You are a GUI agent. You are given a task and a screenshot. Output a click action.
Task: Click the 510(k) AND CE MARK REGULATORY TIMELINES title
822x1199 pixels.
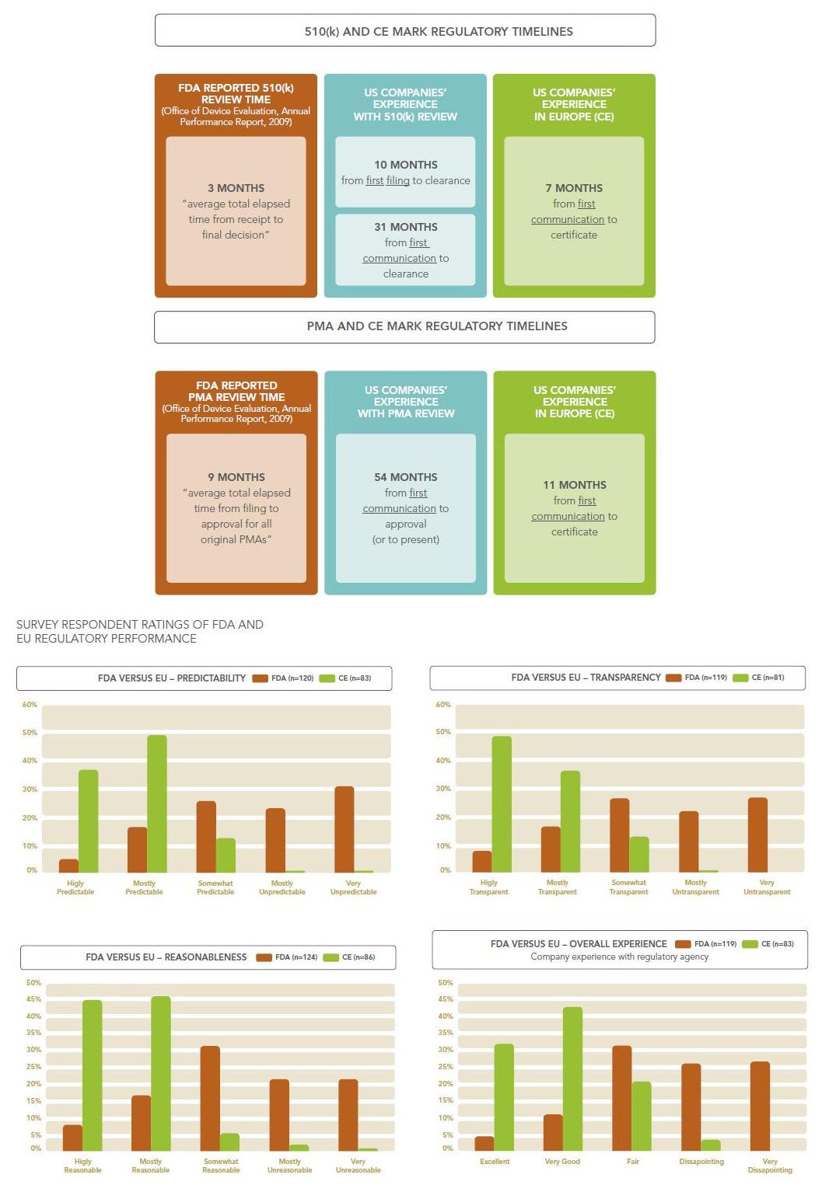coord(438,31)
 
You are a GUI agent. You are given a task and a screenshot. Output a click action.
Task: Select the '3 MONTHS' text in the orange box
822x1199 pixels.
coord(236,188)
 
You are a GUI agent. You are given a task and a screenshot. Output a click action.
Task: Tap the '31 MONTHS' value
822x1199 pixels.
coord(405,227)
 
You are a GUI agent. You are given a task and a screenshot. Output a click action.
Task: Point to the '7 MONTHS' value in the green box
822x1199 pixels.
coord(574,188)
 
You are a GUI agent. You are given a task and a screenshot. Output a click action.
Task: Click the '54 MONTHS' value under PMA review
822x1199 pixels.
coord(405,477)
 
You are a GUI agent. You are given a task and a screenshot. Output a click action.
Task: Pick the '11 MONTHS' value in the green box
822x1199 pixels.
coord(574,485)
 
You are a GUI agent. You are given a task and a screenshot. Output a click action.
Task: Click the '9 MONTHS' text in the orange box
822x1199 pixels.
coord(236,477)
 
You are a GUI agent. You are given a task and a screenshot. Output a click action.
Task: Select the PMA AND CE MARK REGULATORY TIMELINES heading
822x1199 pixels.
coord(436,326)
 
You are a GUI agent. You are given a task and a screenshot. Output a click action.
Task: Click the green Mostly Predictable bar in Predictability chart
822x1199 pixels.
coord(157,803)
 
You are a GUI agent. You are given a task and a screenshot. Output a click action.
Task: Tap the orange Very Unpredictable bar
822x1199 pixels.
coord(344,829)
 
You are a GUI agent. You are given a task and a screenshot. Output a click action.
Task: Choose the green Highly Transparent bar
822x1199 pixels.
coord(502,803)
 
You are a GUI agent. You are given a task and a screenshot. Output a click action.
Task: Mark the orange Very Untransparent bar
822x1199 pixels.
coord(757,835)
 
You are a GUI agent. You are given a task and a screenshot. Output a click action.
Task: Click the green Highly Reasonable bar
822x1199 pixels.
coord(92,1075)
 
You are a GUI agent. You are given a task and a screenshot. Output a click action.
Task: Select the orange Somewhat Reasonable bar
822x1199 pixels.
coord(210,1098)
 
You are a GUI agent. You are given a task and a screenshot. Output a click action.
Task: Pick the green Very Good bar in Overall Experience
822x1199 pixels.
coord(572,1079)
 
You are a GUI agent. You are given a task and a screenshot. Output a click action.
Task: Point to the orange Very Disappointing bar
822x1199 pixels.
coord(760,1106)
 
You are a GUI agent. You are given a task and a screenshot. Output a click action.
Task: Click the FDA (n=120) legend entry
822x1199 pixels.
coord(284,678)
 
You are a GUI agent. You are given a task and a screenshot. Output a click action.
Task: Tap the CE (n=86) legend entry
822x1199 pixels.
coord(350,957)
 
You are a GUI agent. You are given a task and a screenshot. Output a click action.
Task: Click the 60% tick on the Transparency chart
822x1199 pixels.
coord(442,705)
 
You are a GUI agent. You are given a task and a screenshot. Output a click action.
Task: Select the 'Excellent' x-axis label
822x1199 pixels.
coord(495,1162)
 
